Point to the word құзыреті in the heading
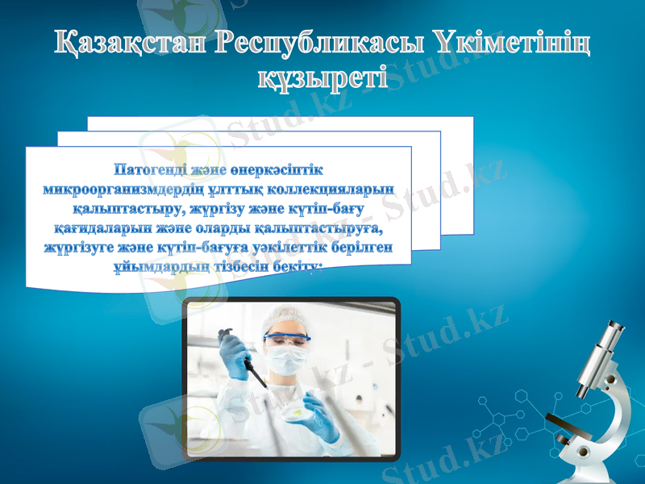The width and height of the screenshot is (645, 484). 322,78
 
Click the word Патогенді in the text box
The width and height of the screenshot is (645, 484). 154,171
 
